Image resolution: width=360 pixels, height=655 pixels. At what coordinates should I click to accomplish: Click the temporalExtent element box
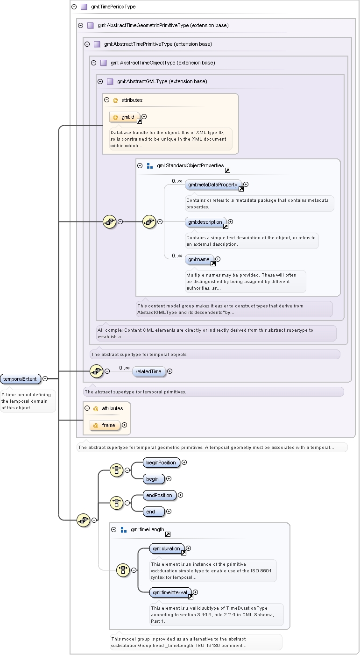pyautogui.click(x=21, y=379)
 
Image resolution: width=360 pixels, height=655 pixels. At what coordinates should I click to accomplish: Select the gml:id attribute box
pyautogui.click(x=125, y=117)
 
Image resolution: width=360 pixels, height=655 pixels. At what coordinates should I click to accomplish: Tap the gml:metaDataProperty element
pyautogui.click(x=213, y=185)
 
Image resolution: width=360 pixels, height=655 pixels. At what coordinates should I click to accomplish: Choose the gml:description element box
pyautogui.click(x=205, y=222)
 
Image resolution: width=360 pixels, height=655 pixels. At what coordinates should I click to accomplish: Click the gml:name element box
pyautogui.click(x=199, y=260)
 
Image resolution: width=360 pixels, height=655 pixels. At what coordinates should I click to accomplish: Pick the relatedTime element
pyautogui.click(x=149, y=371)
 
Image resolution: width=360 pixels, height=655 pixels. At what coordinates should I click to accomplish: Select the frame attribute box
pyautogui.click(x=105, y=425)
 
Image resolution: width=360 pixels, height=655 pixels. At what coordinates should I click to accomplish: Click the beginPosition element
pyautogui.click(x=161, y=463)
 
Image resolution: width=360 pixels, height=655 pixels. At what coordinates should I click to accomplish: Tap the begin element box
pyautogui.click(x=154, y=479)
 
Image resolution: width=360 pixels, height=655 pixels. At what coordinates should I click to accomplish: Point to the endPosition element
pyautogui.click(x=160, y=495)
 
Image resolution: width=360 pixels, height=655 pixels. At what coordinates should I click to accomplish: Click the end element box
pyautogui.click(x=154, y=512)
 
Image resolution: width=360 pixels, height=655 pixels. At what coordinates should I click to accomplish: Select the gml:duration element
pyautogui.click(x=167, y=548)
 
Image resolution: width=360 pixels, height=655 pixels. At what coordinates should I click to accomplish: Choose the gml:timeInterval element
pyautogui.click(x=170, y=592)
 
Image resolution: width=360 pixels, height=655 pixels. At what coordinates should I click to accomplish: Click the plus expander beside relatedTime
pyautogui.click(x=170, y=371)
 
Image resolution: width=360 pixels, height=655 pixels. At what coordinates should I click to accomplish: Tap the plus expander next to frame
pyautogui.click(x=125, y=425)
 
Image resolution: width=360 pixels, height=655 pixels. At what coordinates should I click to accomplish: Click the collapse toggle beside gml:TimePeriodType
pyautogui.click(x=74, y=7)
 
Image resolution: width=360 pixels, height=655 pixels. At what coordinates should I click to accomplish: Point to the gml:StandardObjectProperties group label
pyautogui.click(x=190, y=165)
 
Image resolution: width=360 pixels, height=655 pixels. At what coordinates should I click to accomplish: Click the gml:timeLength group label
pyautogui.click(x=147, y=529)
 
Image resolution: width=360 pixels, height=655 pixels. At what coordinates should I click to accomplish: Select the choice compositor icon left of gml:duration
pyautogui.click(x=123, y=570)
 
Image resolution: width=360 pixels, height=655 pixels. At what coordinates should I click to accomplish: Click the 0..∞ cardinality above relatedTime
pyautogui.click(x=124, y=368)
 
